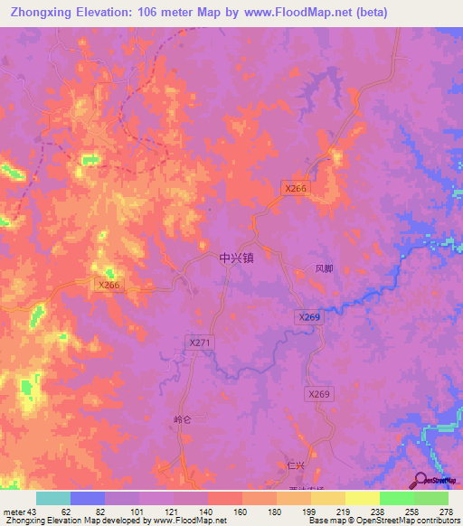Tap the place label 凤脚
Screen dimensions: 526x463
(325, 268)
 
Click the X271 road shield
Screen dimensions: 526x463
(200, 343)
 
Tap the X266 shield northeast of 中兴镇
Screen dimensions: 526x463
(296, 188)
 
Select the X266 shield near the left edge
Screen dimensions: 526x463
(109, 285)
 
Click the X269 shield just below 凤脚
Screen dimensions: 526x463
(309, 317)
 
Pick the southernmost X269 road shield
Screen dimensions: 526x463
(319, 394)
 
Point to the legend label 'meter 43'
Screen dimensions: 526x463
(21, 511)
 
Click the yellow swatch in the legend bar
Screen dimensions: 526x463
(362, 498)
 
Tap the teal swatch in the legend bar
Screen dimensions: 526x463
(53, 498)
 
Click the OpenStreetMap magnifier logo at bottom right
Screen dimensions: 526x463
(422, 482)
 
